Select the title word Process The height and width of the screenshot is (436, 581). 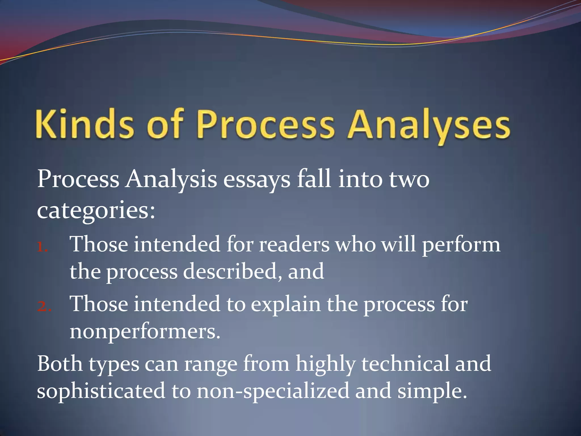coord(266,125)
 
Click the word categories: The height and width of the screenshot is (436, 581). coord(96,211)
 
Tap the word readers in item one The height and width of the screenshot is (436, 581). coord(294,245)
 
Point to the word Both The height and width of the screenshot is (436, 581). coord(60,364)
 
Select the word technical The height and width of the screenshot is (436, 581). coord(405,364)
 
